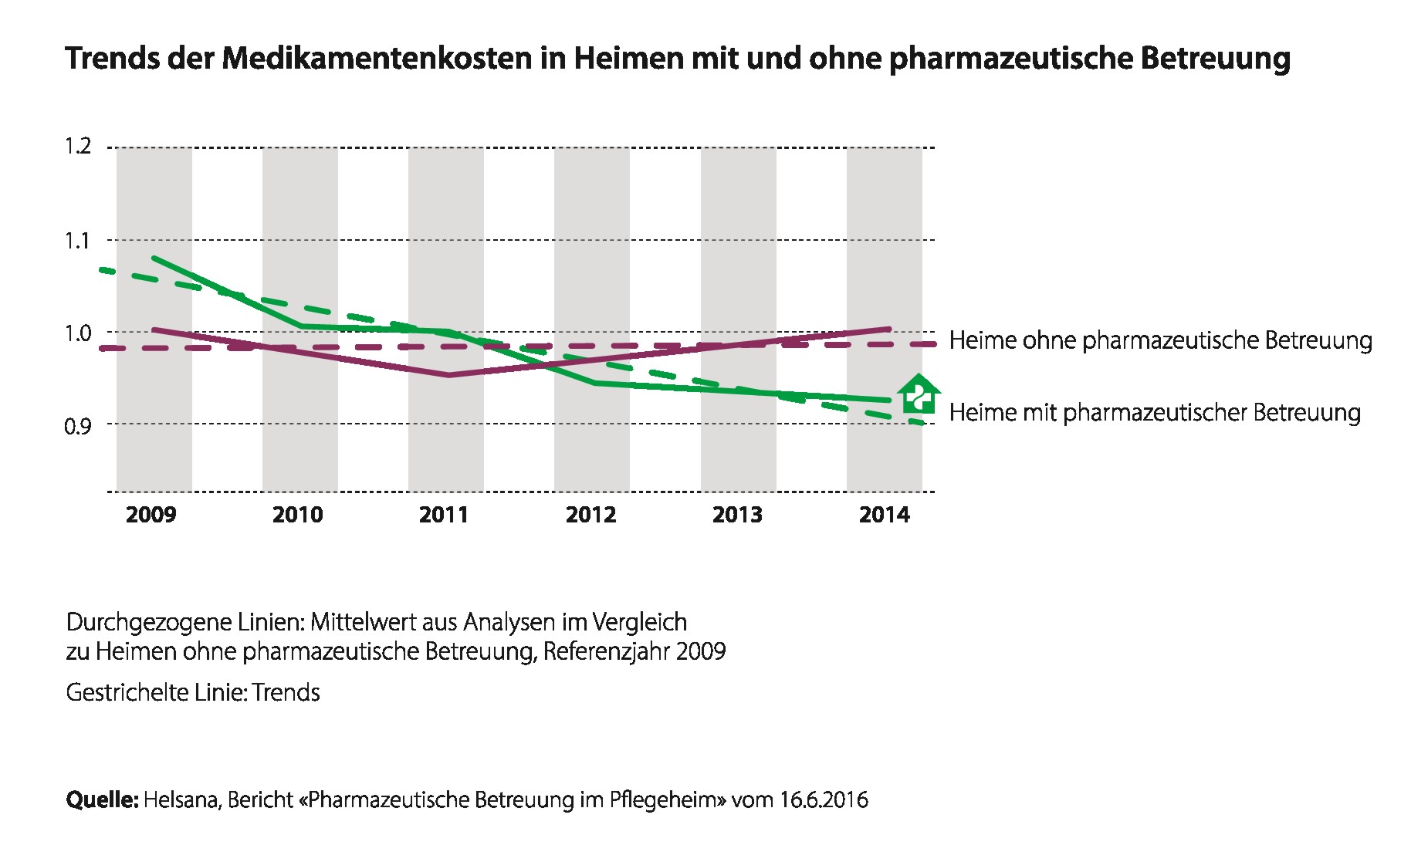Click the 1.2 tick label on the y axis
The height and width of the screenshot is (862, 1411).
[x=78, y=146]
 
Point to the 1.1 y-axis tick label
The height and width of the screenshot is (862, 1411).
[x=78, y=240]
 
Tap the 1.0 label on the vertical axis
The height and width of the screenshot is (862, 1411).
[x=78, y=333]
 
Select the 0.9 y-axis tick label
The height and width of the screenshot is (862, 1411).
[x=78, y=424]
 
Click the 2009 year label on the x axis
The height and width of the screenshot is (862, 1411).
[x=151, y=515]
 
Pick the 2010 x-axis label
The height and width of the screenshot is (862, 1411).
[x=298, y=515]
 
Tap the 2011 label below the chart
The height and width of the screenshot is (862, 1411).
[x=444, y=515]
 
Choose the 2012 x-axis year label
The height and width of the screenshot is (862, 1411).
[x=591, y=515]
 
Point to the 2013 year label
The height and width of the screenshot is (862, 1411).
[x=737, y=515]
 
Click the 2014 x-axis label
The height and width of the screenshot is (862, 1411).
[x=885, y=515]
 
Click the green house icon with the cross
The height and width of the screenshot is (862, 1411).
[x=919, y=394]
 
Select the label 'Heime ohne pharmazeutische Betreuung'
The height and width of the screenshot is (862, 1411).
[x=1161, y=341]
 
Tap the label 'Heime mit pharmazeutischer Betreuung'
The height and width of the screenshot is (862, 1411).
[x=1155, y=413]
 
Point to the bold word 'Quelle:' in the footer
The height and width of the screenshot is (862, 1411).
[x=102, y=799]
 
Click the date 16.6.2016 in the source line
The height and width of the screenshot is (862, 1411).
[x=824, y=799]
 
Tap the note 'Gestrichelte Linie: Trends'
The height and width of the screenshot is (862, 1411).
[x=193, y=692]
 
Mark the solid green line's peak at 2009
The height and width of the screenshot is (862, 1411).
[x=154, y=258]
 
